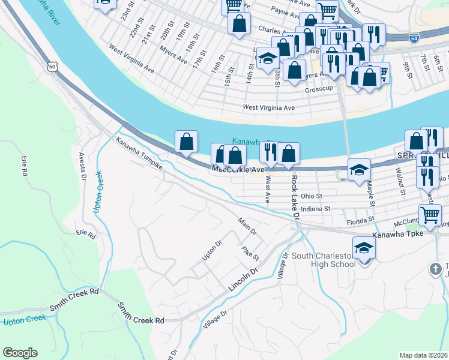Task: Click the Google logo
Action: pyautogui.click(x=20, y=353)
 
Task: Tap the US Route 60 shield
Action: pyautogui.click(x=54, y=68)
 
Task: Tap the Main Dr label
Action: pyautogui.click(x=247, y=226)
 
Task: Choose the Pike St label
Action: pyautogui.click(x=250, y=253)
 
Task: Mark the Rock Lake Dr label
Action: pyautogui.click(x=295, y=196)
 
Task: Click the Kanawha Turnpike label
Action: pyautogui.click(x=139, y=152)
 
